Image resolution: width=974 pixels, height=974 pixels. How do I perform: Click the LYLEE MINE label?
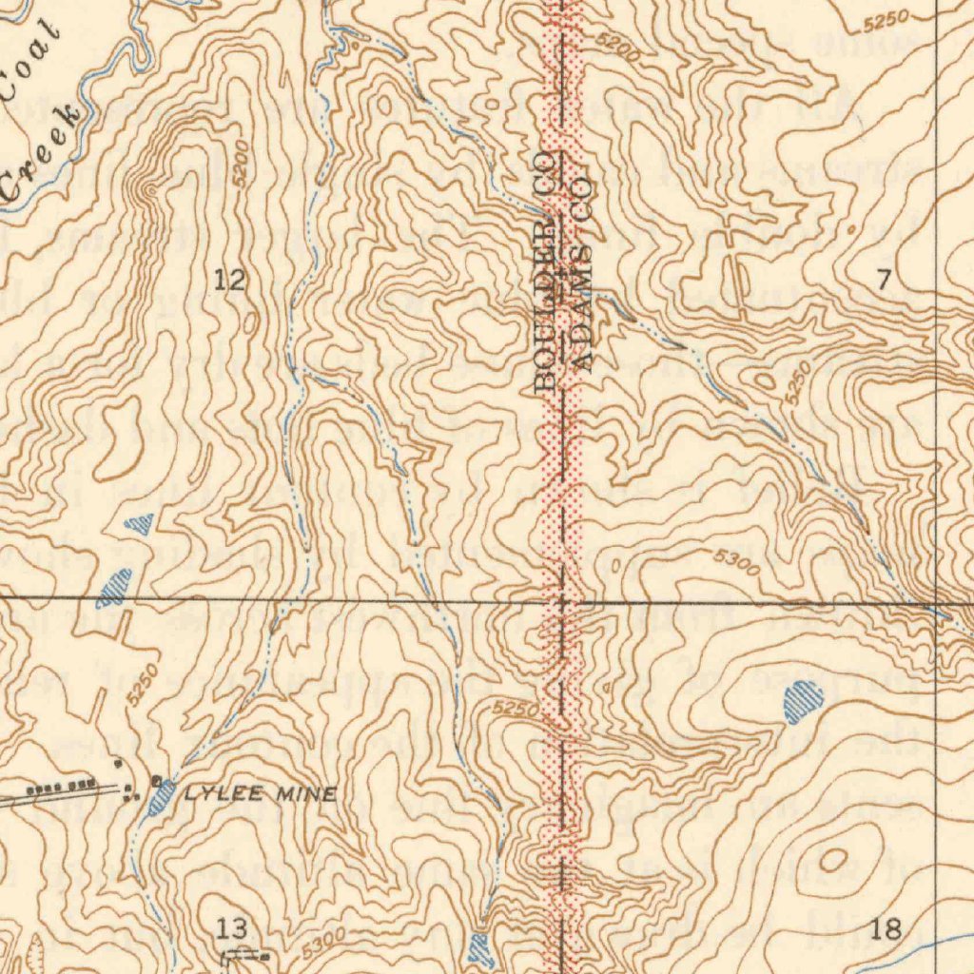pos(260,794)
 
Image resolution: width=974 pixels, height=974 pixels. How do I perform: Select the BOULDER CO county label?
pos(545,271)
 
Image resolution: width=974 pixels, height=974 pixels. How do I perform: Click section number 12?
pos(229,280)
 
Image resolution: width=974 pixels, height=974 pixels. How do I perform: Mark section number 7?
pos(884,280)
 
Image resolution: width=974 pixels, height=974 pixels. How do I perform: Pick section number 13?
pos(231,927)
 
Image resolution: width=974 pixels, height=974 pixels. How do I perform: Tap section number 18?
pos(886,928)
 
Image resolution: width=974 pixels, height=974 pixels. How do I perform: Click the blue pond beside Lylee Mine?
pos(163,796)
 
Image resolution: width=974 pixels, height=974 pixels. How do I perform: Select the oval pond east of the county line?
pos(803,702)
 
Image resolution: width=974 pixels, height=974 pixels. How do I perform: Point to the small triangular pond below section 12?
pos(140,522)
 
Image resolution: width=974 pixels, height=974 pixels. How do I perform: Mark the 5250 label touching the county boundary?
pos(516,710)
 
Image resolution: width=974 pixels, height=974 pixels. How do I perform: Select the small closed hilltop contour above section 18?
pos(833,861)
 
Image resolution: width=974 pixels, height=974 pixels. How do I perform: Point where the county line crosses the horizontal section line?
pos(563,602)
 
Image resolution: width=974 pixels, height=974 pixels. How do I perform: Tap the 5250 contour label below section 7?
pos(799,382)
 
